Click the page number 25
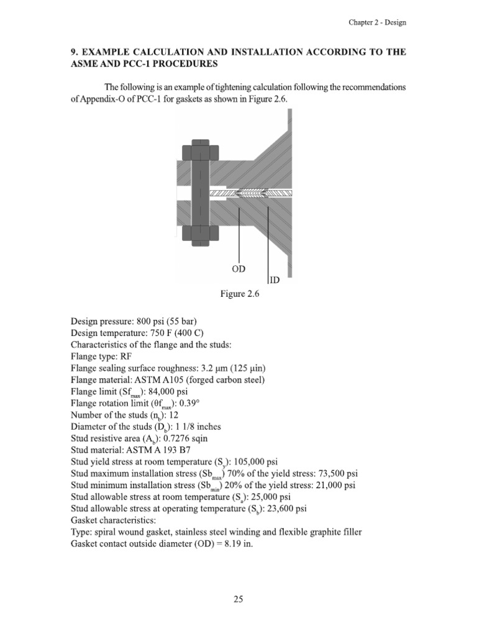pos(238,599)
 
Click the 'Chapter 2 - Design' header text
pos(376,22)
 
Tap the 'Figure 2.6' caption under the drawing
pos(238,296)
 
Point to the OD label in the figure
pos(238,268)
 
